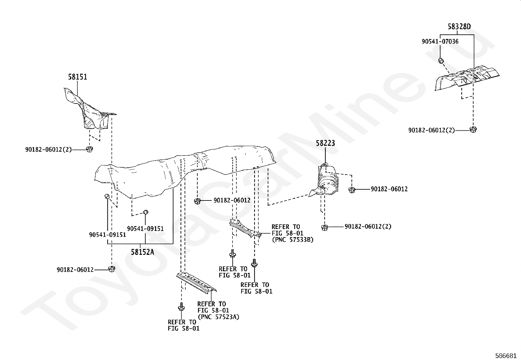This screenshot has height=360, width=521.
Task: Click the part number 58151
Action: click(78, 77)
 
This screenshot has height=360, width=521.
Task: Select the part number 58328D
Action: click(459, 27)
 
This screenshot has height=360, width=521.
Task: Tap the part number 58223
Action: click(325, 143)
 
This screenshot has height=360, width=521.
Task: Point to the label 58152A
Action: click(142, 252)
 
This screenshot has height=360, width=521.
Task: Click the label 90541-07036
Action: click(440, 42)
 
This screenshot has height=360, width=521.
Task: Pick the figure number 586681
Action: click(506, 355)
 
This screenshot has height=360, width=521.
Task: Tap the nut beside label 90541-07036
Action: click(441, 60)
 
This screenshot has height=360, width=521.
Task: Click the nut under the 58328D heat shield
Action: click(472, 129)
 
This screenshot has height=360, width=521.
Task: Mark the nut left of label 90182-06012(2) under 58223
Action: click(324, 227)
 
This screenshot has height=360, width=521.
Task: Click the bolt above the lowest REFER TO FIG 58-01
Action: click(181, 308)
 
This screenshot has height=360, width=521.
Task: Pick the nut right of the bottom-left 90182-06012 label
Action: click(111, 269)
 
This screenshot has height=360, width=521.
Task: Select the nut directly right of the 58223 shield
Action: click(352, 190)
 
